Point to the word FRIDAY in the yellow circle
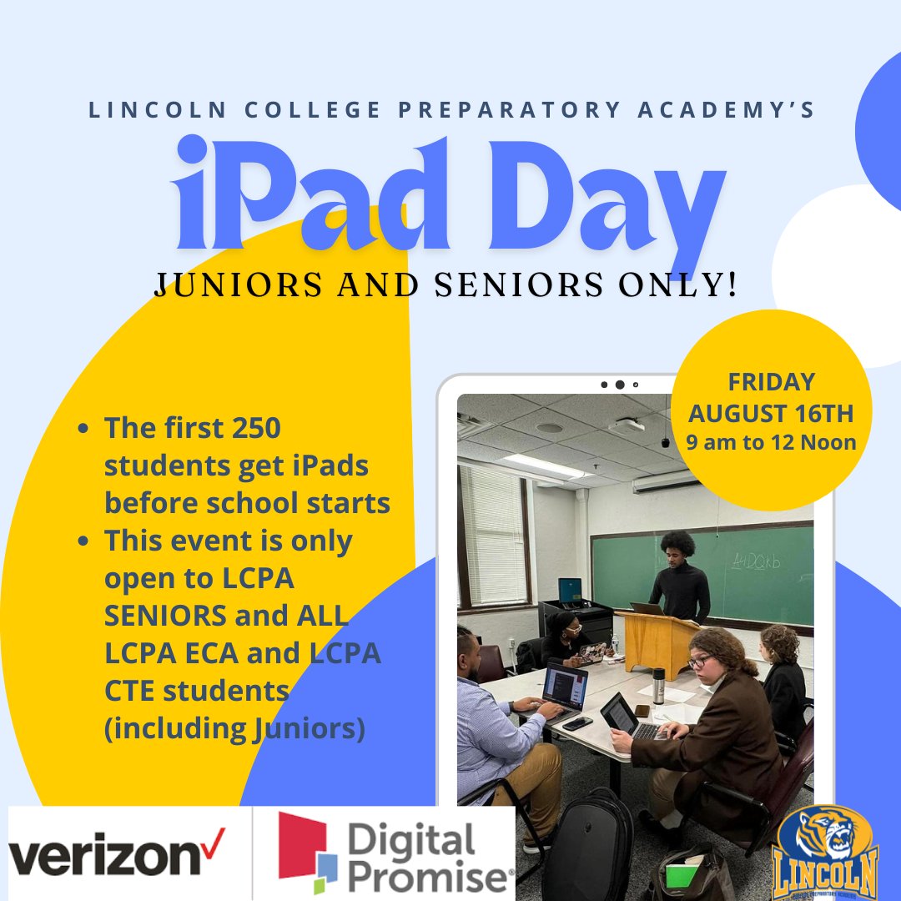771,382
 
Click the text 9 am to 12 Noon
771,442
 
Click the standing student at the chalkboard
679,576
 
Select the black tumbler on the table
658,685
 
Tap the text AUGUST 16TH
771,412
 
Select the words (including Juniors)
234,728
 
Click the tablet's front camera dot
619,385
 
